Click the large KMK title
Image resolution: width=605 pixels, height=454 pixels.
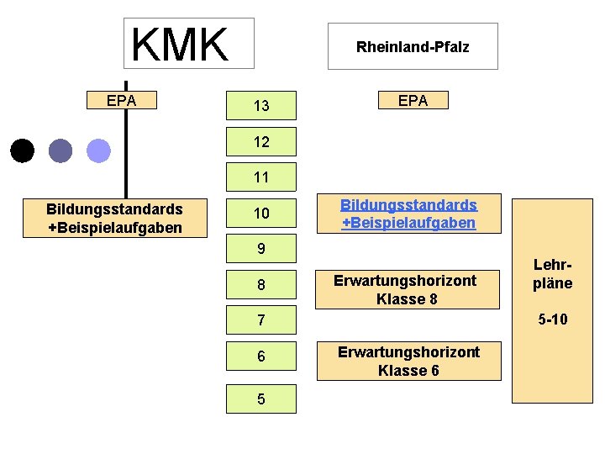point(180,45)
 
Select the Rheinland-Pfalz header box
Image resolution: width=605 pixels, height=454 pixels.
point(413,46)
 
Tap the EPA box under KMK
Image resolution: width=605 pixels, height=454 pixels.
point(124,101)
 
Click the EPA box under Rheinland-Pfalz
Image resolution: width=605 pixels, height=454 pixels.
point(413,101)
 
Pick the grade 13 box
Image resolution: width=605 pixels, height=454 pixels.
point(261,106)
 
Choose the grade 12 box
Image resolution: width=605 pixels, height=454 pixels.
point(261,142)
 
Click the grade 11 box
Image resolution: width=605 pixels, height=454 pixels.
point(261,177)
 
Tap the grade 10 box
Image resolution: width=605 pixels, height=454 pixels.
point(261,214)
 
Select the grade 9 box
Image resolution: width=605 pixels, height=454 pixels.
point(261,249)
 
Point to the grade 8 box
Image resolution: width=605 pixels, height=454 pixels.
point(261,285)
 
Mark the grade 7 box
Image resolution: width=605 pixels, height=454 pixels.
point(261,320)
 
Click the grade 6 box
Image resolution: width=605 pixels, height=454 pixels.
point(261,356)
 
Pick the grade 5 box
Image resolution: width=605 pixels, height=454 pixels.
point(261,399)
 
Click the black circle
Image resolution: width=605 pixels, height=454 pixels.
point(23,150)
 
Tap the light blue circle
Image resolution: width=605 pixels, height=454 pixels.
point(99,150)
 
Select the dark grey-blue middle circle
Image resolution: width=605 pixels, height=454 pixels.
point(60,150)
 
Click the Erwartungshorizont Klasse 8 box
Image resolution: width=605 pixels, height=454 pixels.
point(405,289)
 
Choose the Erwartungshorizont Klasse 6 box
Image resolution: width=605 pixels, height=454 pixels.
point(408,361)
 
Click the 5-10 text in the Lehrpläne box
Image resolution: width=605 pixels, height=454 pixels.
point(552,319)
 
